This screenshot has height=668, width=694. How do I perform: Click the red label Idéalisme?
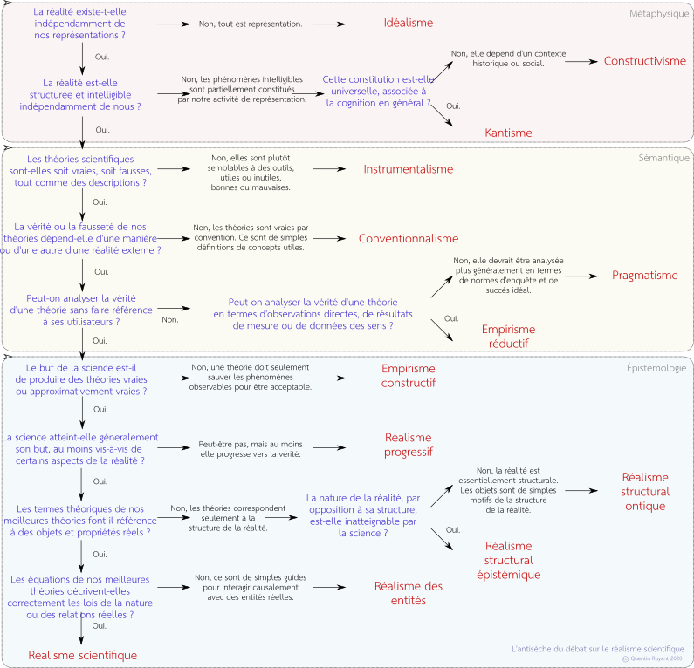[x=408, y=23]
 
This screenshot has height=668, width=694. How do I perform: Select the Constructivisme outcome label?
[x=645, y=60]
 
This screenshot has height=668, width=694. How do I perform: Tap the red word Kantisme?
[x=508, y=133]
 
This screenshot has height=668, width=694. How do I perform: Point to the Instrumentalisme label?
[x=408, y=169]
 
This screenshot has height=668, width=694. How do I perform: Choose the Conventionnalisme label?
[x=408, y=238]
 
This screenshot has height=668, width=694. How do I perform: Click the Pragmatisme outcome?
[x=645, y=275]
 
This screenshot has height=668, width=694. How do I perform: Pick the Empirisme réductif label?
[x=508, y=336]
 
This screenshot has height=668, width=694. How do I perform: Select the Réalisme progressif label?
[x=408, y=445]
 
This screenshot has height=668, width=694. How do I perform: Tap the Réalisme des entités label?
[x=408, y=593]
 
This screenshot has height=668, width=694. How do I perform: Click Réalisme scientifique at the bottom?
[x=83, y=655]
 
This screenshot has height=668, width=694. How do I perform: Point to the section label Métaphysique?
[x=659, y=14]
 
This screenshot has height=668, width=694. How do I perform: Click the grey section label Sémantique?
[x=663, y=158]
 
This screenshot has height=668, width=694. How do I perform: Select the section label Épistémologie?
[x=656, y=368]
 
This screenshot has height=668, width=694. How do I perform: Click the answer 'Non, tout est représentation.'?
[x=251, y=24]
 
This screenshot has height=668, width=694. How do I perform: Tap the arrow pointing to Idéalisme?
[x=329, y=24]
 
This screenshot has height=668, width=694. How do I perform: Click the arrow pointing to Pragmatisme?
[x=581, y=276]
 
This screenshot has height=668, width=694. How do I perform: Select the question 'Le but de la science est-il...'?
[x=81, y=379]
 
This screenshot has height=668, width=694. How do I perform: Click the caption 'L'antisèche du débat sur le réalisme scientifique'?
[x=597, y=649]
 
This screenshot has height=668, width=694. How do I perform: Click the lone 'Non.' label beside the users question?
[x=170, y=320]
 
